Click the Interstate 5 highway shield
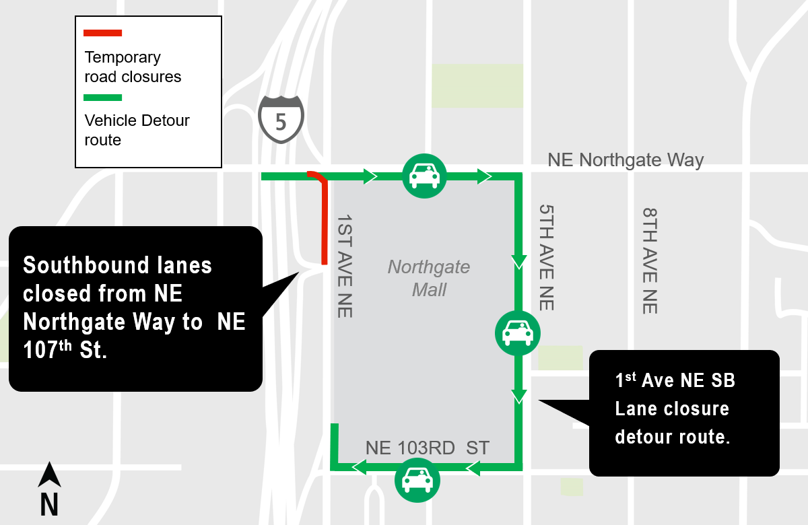point(281,118)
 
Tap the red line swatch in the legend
point(102,33)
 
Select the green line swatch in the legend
point(102,98)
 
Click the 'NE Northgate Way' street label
point(626,160)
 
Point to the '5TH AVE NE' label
point(546,258)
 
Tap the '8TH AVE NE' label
point(649,260)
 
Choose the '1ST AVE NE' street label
point(344,266)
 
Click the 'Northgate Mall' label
point(429,278)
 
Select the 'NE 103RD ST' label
point(428,448)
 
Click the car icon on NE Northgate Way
point(424,176)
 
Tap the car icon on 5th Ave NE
point(518,332)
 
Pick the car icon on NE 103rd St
point(417,480)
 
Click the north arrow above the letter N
point(49,475)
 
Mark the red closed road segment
point(324,222)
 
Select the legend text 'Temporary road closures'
point(133,67)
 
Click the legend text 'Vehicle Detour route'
point(137,130)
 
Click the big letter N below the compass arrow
point(49,504)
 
